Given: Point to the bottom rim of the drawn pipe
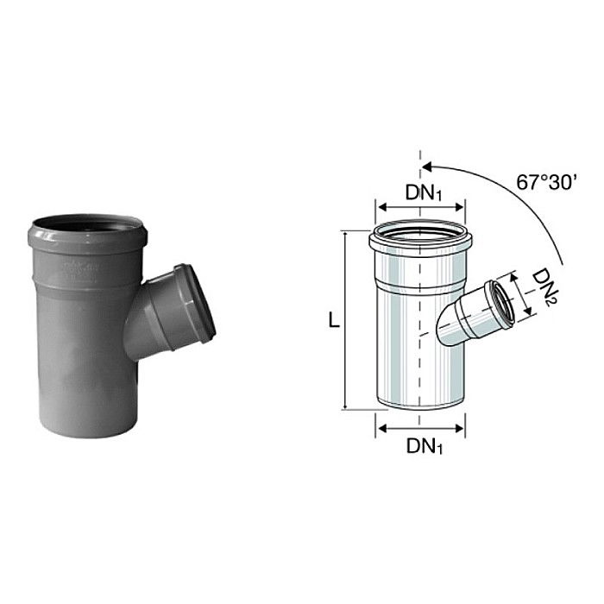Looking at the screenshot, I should point(420,411).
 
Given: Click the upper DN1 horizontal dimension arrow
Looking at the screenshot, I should point(420,209).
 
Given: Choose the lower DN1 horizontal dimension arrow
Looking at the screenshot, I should point(420,428).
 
